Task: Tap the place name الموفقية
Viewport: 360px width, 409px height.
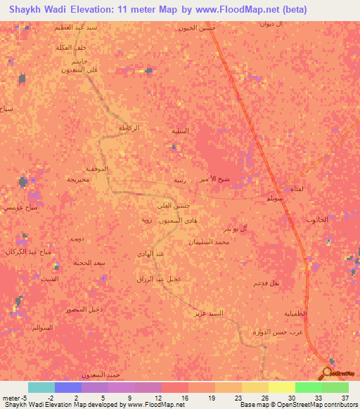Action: click(96, 169)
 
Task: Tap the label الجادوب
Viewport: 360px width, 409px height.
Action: click(317, 220)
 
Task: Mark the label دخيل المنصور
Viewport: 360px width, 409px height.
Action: click(82, 309)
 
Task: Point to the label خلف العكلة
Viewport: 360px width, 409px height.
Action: click(71, 47)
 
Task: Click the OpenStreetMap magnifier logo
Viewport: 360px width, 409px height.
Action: click(327, 372)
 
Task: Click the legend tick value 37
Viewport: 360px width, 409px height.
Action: click(345, 397)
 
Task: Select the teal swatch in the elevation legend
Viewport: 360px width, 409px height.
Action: click(41, 387)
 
